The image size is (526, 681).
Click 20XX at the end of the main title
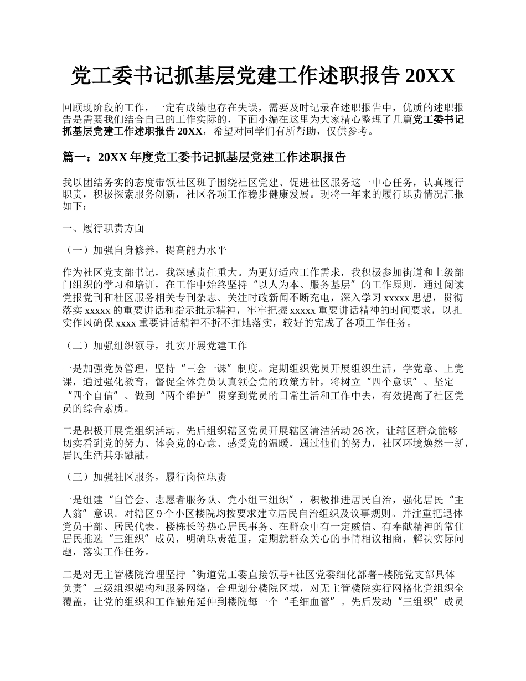(x=430, y=77)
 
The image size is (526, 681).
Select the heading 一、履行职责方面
(x=104, y=228)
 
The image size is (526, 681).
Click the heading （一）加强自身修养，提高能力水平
(x=146, y=250)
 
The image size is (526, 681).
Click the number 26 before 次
(x=358, y=430)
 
